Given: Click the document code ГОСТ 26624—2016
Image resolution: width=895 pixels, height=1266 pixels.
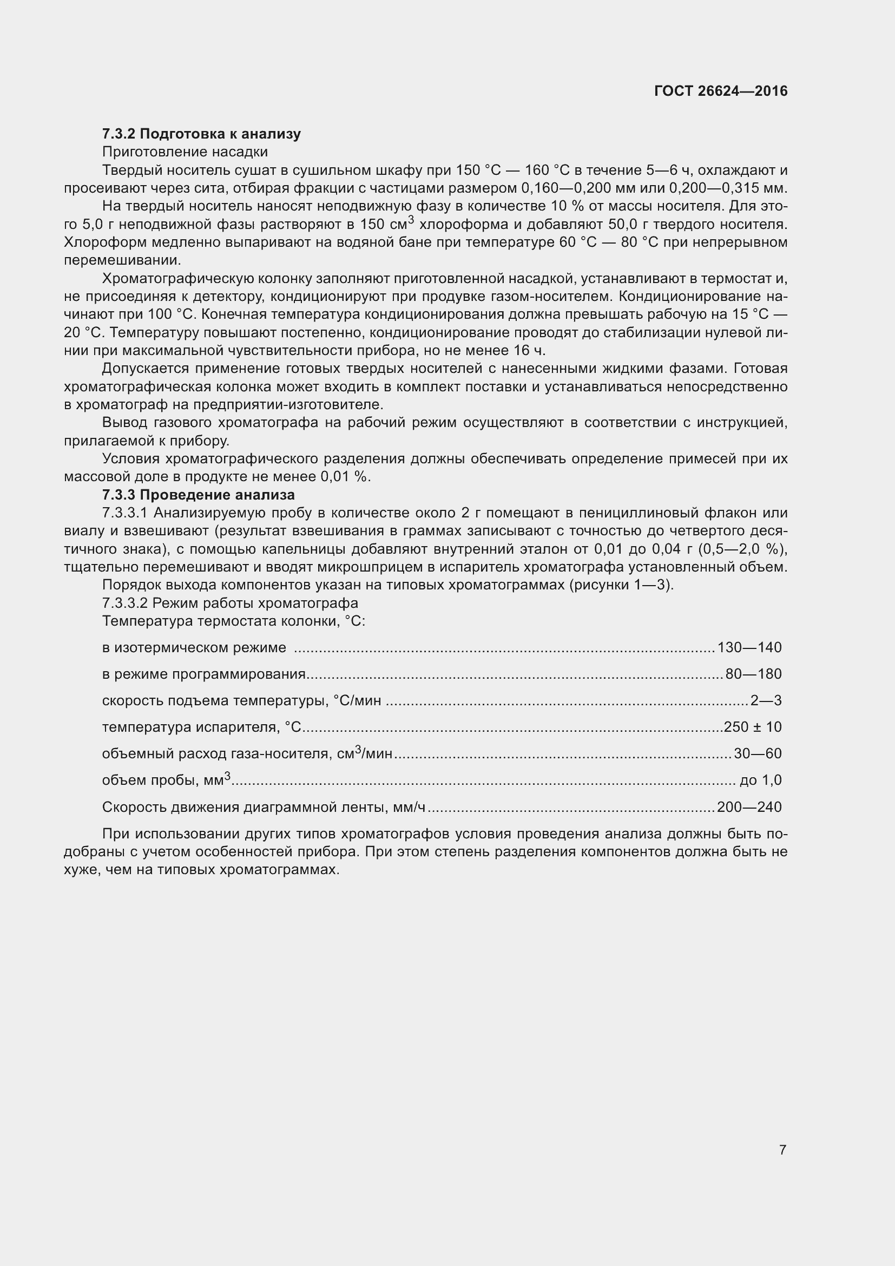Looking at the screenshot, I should click(720, 91).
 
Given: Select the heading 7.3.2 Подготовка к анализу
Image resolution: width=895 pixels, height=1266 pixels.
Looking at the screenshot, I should click(201, 134).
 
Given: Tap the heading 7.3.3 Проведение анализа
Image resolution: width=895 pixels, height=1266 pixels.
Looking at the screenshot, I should click(199, 495).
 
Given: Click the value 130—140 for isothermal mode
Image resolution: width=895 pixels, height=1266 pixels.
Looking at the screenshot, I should click(749, 647).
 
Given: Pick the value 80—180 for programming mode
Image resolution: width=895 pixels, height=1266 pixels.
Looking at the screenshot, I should click(753, 674).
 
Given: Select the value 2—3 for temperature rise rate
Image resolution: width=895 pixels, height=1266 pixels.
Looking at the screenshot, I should click(766, 700).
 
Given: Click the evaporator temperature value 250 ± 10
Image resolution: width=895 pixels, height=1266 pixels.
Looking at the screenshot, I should click(753, 727).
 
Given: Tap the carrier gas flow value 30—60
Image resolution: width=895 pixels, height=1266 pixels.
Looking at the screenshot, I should click(758, 753).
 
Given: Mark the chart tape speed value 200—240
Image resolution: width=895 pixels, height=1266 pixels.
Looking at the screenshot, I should click(749, 807).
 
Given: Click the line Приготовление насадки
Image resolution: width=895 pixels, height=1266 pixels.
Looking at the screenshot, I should click(185, 152).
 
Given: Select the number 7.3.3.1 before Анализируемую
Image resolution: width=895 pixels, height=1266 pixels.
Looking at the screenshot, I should click(125, 513).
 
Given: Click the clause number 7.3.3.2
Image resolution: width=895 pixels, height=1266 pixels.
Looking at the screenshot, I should click(125, 602).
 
